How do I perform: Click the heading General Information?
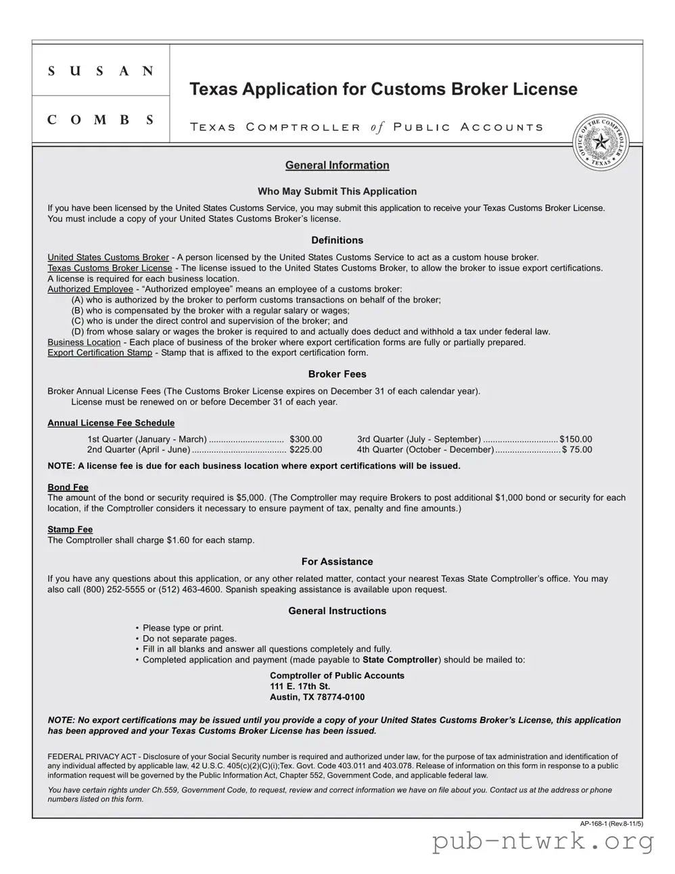pyautogui.click(x=337, y=165)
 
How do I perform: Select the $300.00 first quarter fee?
pyautogui.click(x=306, y=439)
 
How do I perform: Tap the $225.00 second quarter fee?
pyautogui.click(x=306, y=450)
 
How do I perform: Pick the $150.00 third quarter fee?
pyautogui.click(x=576, y=439)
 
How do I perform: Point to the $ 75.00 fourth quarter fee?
pyautogui.click(x=577, y=450)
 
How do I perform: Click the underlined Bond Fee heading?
pyautogui.click(x=68, y=487)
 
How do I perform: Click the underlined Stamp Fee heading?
pyautogui.click(x=70, y=529)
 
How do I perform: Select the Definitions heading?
pyautogui.click(x=337, y=240)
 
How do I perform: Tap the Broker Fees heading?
pyautogui.click(x=337, y=374)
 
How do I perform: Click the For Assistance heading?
pyautogui.click(x=337, y=561)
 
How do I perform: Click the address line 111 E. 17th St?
pyautogui.click(x=300, y=686)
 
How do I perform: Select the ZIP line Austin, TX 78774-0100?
pyautogui.click(x=317, y=697)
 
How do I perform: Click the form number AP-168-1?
pyautogui.click(x=595, y=823)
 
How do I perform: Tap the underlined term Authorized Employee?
pyautogui.click(x=90, y=289)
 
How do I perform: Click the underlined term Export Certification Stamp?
pyautogui.click(x=99, y=352)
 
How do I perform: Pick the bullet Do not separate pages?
pyautogui.click(x=189, y=639)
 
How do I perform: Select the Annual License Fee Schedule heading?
pyautogui.click(x=111, y=423)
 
